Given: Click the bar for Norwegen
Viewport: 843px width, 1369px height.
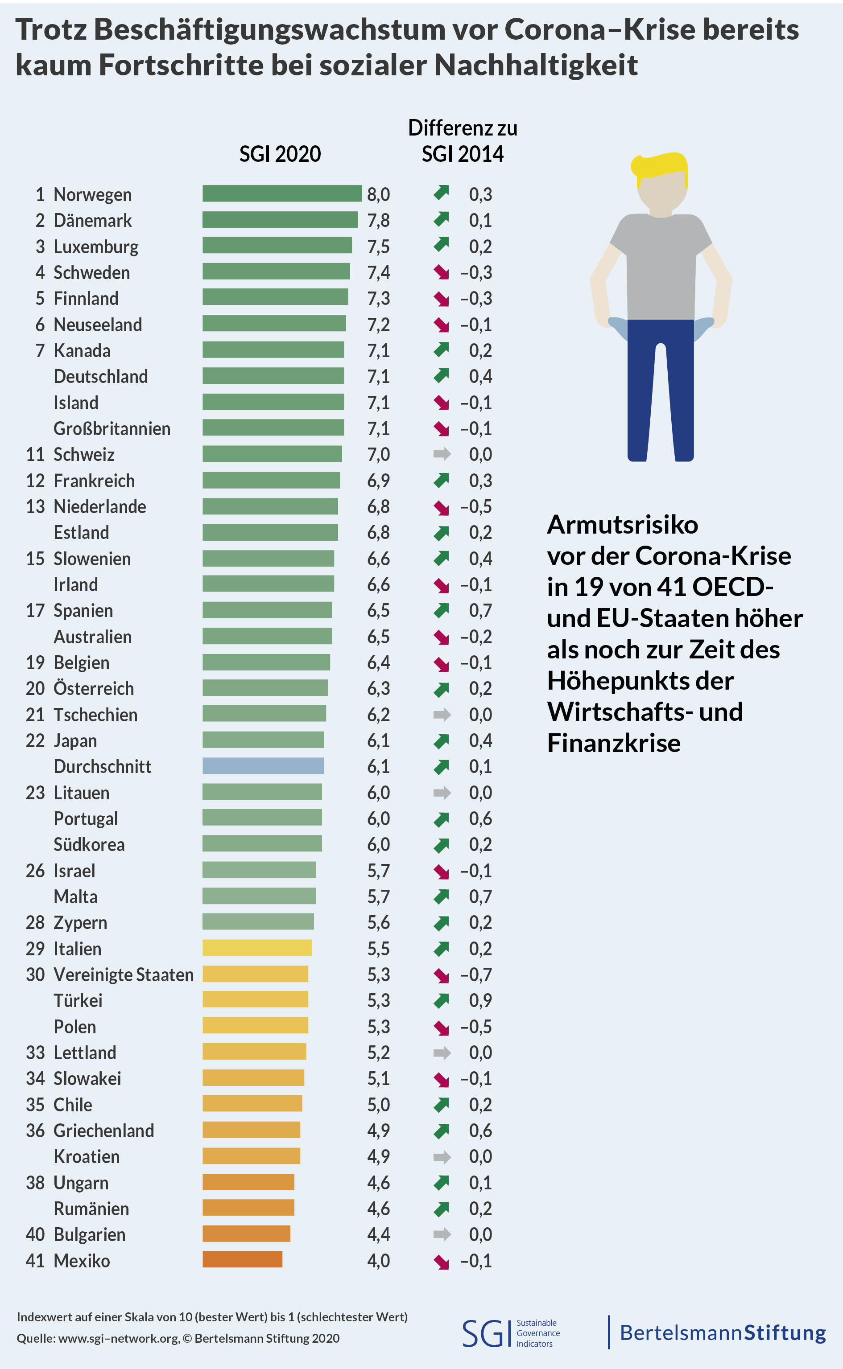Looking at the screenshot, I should click(281, 193).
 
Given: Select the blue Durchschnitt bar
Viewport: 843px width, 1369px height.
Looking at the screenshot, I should click(263, 765).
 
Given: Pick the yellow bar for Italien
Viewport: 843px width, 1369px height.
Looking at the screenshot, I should click(257, 947).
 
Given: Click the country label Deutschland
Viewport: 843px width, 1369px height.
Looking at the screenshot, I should click(101, 377).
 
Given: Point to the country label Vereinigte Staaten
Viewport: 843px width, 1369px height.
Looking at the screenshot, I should click(123, 974).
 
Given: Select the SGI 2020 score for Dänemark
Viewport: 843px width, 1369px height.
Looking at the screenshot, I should click(378, 221).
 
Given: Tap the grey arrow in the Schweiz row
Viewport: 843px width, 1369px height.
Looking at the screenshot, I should click(442, 454).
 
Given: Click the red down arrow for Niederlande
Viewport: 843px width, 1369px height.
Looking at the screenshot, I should click(442, 507).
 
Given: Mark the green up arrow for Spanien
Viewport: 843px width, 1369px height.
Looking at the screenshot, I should click(442, 611).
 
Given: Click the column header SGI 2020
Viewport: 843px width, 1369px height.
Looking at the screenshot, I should click(280, 154).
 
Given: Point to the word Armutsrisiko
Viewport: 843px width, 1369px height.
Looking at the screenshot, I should click(622, 524).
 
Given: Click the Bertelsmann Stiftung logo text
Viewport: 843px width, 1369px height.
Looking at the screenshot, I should click(723, 1333).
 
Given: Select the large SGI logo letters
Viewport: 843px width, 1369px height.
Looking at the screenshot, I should click(486, 1333).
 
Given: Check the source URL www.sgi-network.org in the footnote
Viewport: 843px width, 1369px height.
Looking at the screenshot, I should click(119, 1338).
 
